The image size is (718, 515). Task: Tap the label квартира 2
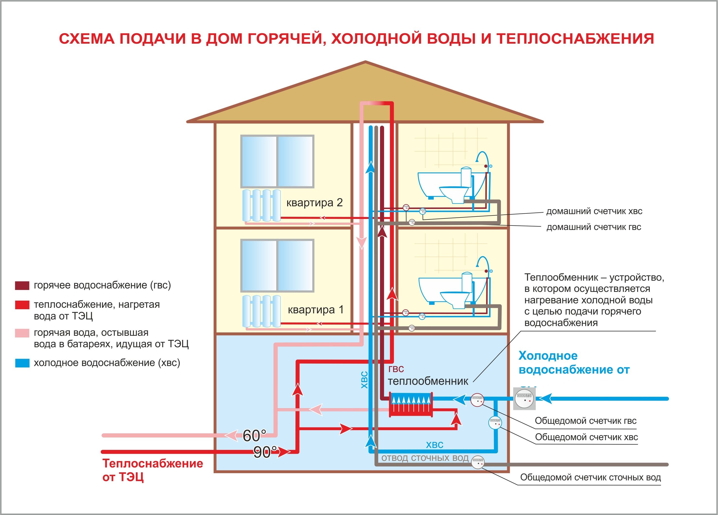[314, 203]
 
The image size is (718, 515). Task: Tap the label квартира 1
[316, 310]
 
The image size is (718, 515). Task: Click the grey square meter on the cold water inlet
[524, 399]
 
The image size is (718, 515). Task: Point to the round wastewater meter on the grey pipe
[477, 462]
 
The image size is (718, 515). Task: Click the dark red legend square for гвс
[22, 286]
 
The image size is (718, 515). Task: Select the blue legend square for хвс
[22, 363]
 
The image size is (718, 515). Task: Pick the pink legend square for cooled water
[22, 333]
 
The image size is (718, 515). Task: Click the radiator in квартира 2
[262, 205]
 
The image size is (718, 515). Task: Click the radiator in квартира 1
[262, 311]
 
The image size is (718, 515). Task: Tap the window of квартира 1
[277, 265]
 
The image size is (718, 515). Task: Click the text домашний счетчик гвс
[594, 227]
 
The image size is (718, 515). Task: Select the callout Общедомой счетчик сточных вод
[590, 477]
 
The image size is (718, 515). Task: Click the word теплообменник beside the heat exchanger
[428, 381]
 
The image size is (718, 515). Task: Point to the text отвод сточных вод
[425, 458]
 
